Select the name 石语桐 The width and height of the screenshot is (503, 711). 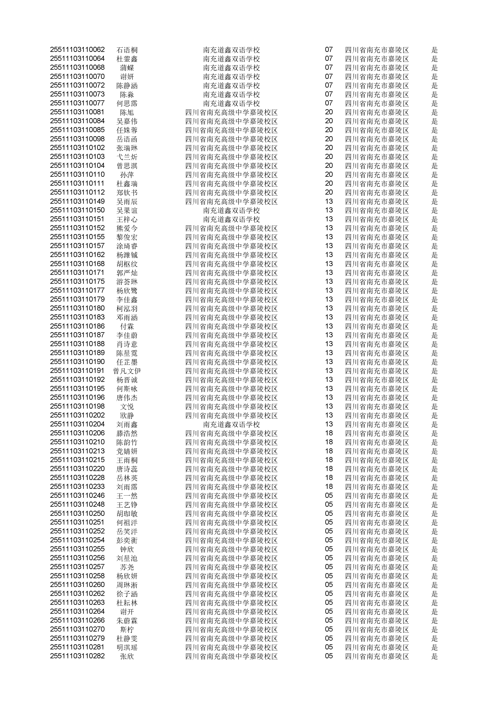[x=127, y=50]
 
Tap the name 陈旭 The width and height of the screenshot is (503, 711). [x=127, y=112]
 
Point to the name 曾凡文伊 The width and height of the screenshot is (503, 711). [x=127, y=371]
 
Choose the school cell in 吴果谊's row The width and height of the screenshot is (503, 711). [x=231, y=211]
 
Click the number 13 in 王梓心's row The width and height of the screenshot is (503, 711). [x=329, y=219]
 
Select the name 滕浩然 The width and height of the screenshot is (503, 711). [x=127, y=433]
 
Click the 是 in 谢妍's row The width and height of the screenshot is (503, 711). [x=434, y=76]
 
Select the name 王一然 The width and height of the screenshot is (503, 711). [x=127, y=496]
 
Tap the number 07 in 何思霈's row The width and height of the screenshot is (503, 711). [x=329, y=103]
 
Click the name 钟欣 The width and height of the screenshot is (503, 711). [x=127, y=549]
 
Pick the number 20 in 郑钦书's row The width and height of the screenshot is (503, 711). [x=329, y=192]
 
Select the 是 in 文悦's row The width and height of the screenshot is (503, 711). [x=434, y=407]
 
